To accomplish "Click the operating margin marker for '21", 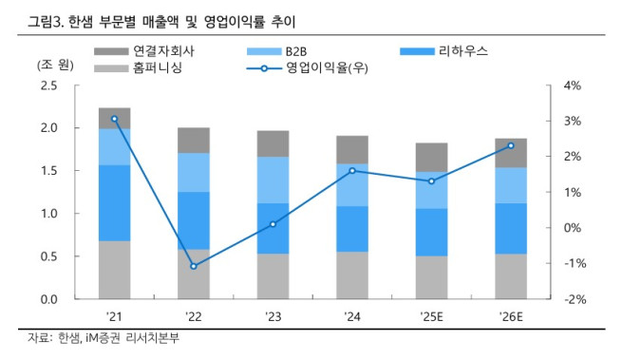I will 114,119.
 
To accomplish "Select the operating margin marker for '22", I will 194,266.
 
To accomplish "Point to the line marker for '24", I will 352,171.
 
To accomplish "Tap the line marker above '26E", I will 511,145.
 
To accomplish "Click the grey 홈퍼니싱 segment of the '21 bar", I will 114,270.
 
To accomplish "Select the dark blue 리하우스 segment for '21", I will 114,202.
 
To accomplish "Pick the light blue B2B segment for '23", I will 273,180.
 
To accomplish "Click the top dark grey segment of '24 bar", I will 352,149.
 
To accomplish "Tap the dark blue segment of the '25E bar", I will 431,232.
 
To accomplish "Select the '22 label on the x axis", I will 194,315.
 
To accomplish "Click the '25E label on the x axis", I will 431,315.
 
